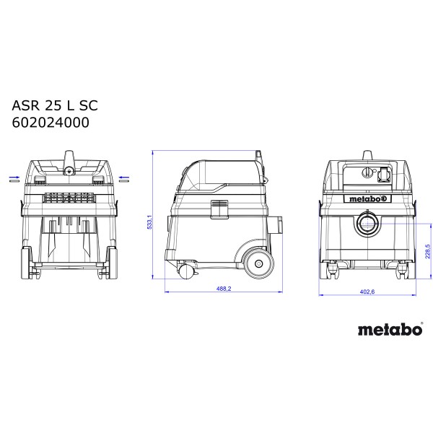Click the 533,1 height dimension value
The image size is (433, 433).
(149, 222)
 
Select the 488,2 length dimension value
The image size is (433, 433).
(224, 289)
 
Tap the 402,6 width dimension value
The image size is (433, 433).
(367, 292)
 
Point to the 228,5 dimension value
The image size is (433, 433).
(428, 251)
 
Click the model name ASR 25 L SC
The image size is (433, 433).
(55, 105)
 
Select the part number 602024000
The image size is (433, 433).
(51, 123)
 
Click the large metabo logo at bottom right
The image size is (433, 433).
(390, 329)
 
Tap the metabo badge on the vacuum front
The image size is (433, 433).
(367, 198)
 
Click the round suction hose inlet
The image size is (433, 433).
(367, 224)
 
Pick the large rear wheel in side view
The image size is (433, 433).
(258, 263)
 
